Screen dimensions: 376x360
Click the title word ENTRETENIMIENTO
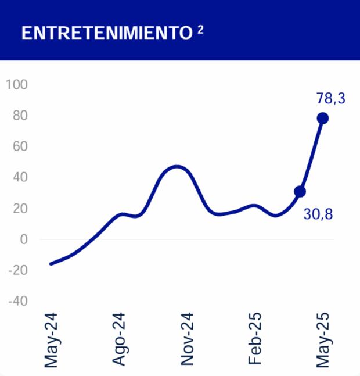[x=106, y=33]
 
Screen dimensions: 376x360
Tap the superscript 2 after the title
[x=200, y=29]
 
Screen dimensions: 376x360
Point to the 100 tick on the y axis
[x=16, y=84]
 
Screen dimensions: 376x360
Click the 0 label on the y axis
[x=23, y=239]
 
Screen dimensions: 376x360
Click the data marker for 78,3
[x=323, y=118]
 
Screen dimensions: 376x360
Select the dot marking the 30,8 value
[x=300, y=192]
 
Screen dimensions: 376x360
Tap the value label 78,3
[x=330, y=98]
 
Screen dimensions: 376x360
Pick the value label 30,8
[x=318, y=214]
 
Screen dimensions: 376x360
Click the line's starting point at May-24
[x=51, y=264]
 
